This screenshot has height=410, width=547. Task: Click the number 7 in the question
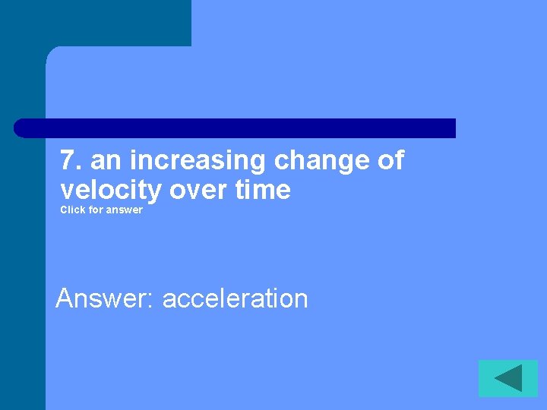[x=68, y=161]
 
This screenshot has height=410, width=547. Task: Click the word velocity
[x=111, y=190]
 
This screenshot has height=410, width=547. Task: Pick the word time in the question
[x=263, y=190]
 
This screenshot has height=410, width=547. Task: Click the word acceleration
[x=235, y=298]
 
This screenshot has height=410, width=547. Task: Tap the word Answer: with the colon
[x=106, y=298]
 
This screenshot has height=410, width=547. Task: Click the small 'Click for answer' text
[x=101, y=210]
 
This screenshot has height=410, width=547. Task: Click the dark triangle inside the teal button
[x=511, y=378]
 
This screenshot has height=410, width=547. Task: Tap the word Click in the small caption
[x=73, y=210]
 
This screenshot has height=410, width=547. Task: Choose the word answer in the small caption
[x=125, y=210]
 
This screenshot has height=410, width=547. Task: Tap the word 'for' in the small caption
[x=96, y=210]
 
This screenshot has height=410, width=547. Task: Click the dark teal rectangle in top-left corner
[x=95, y=23]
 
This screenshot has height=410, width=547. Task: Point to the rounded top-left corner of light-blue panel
[x=52, y=52]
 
